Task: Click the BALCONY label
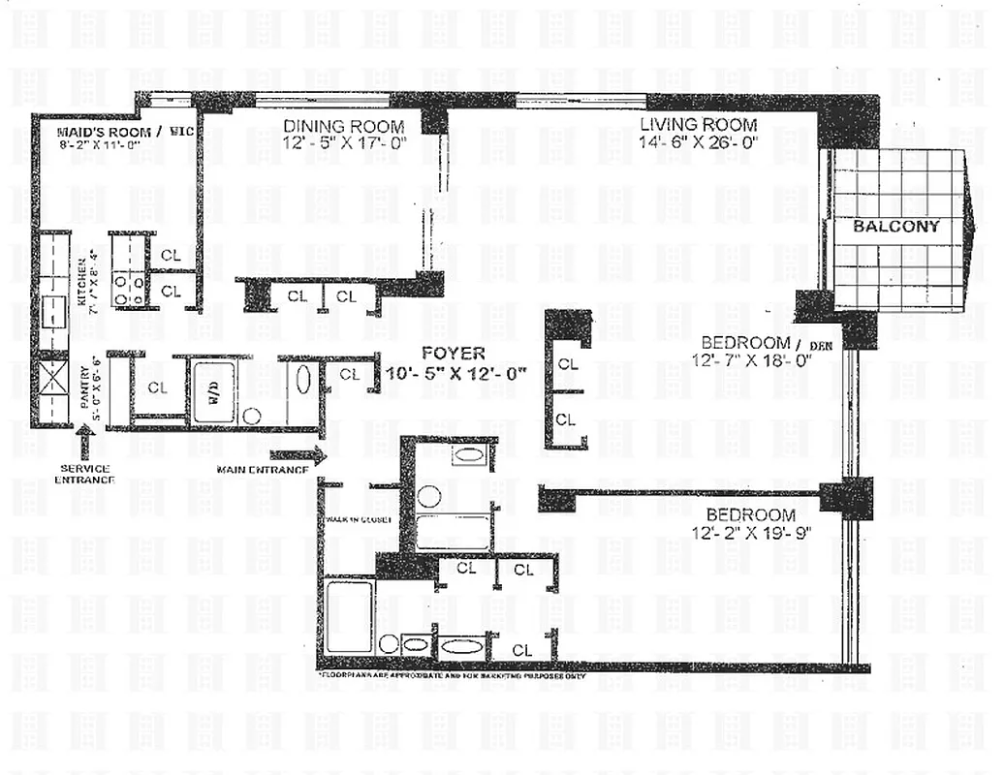[896, 227]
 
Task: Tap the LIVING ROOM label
[697, 124]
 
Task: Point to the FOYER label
[454, 353]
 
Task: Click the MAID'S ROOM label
[103, 132]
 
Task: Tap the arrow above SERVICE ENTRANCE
[84, 445]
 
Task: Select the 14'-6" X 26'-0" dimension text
[697, 141]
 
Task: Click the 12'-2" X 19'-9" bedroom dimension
[750, 532]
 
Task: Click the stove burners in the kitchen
[128, 288]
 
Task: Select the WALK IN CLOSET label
[358, 520]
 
